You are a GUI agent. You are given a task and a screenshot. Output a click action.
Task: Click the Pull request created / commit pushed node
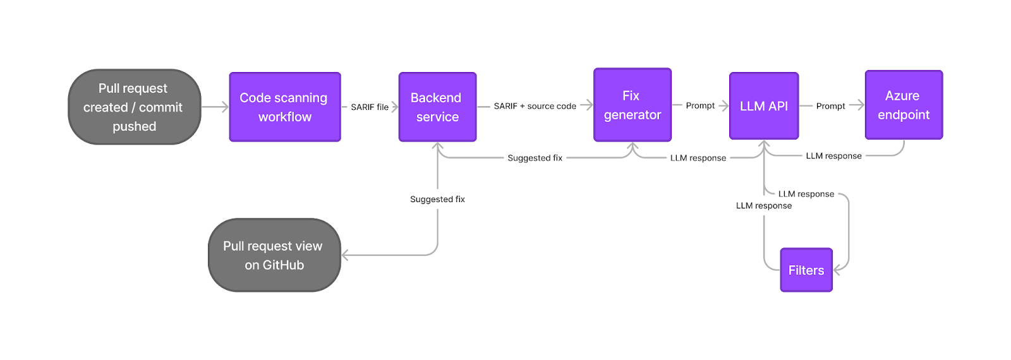pyautogui.click(x=134, y=107)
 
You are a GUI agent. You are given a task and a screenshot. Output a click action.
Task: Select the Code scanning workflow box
pyautogui.click(x=284, y=107)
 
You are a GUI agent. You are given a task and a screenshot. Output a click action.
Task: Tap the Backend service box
pyautogui.click(x=437, y=107)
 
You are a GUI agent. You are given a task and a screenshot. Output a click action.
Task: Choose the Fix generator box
pyautogui.click(x=632, y=105)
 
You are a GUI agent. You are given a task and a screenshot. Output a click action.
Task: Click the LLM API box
pyautogui.click(x=763, y=106)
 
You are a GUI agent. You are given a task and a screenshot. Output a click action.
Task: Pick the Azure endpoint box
pyautogui.click(x=903, y=105)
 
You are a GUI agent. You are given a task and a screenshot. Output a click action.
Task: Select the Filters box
pyautogui.click(x=806, y=270)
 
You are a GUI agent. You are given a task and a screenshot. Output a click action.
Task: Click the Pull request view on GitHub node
pyautogui.click(x=274, y=255)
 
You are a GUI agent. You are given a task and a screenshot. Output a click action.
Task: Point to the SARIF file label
pyautogui.click(x=370, y=107)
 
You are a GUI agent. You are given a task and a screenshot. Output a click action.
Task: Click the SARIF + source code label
pyautogui.click(x=535, y=106)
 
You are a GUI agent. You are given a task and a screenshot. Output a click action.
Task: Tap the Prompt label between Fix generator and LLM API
pyautogui.click(x=700, y=105)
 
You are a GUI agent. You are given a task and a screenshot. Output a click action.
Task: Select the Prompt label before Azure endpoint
pyautogui.click(x=830, y=106)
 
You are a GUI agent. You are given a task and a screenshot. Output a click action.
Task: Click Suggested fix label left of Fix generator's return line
pyautogui.click(x=535, y=158)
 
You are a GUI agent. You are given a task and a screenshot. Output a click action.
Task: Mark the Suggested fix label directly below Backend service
pyautogui.click(x=437, y=200)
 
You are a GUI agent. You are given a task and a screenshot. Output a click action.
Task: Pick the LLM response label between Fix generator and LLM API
pyautogui.click(x=698, y=158)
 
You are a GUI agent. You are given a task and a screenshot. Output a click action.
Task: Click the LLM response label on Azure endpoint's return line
pyautogui.click(x=833, y=156)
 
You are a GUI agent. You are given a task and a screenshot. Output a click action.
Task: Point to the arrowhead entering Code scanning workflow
pyautogui.click(x=224, y=107)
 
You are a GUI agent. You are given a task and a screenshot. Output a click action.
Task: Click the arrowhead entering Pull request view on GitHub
pyautogui.click(x=346, y=255)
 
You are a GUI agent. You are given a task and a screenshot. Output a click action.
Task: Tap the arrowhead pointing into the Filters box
pyautogui.click(x=837, y=270)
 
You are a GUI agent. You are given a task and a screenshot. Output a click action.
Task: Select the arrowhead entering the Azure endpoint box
pyautogui.click(x=860, y=105)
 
